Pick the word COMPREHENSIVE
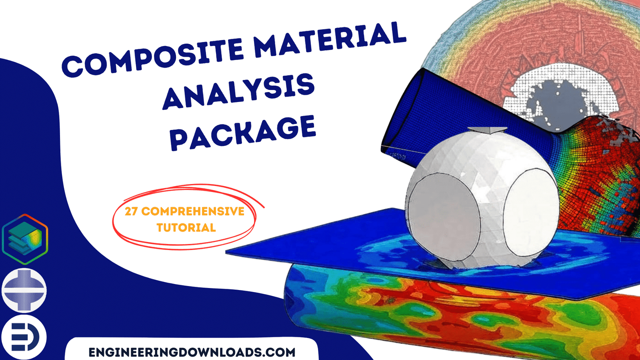coord(193,212)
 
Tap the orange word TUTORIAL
coord(186,228)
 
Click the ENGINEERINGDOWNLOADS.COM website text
coord(192,352)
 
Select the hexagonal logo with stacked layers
coord(25,239)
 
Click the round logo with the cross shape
coord(24,290)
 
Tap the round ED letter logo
coord(24,337)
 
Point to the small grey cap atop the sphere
coord(487,130)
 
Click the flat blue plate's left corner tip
coord(226,252)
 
